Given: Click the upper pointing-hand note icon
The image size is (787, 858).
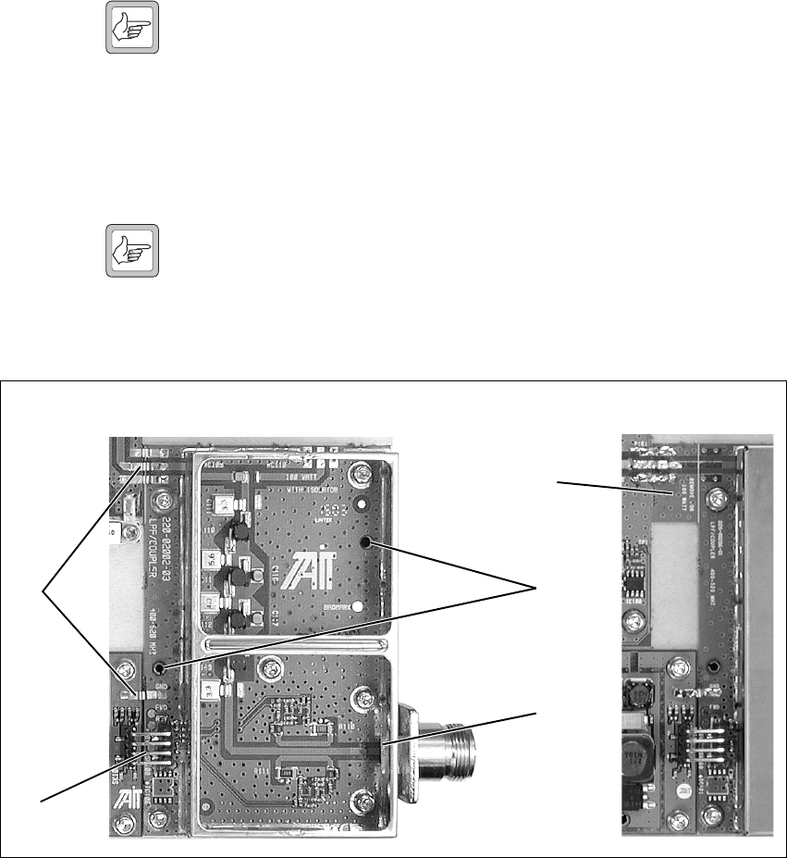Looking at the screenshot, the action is coord(134,30).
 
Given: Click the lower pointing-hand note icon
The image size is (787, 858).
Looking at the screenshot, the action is coord(134,251).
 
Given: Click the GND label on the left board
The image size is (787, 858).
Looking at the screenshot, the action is coord(161,686).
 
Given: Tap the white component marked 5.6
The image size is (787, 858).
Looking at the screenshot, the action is coord(211,558).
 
